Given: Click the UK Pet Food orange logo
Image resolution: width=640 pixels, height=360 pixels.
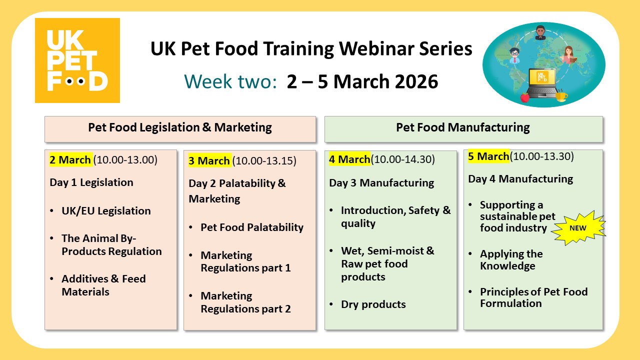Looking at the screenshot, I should pos(77,60).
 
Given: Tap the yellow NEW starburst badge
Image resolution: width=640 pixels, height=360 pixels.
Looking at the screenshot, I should pos(578,227).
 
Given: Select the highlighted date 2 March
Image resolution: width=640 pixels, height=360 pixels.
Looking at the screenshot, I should pos(70,160).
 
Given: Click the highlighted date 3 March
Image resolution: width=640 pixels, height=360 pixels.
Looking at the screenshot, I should pos(209,161).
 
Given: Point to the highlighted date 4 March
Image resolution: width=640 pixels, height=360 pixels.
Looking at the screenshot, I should pos(349,159).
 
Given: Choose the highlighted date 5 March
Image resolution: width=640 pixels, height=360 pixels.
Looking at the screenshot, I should pos(488,156).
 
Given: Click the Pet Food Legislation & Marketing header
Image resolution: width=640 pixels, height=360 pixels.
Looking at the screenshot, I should pos(180,127).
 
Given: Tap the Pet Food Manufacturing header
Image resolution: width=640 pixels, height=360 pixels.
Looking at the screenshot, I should pos(463,127).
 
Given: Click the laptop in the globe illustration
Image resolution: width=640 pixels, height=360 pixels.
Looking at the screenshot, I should pos(542,83).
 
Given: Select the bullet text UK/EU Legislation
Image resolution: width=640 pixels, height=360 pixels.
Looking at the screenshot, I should pos(106,211).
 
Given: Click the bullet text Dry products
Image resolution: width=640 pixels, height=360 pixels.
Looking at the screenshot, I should pos(373,304).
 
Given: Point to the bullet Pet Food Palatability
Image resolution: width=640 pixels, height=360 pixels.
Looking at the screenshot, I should pos(252,227).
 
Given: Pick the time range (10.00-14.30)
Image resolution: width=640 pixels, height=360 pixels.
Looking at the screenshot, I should pos(403,159).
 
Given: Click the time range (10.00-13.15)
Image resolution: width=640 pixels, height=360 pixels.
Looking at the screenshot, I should pos(264,161).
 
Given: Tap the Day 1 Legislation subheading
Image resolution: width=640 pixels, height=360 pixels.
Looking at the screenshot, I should pos(91,182).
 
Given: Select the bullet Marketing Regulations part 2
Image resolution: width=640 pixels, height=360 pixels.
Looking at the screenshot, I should pos(245,302).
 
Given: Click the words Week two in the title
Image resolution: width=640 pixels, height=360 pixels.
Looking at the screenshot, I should pos(230,81).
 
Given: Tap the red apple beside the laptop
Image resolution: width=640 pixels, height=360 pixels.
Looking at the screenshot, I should pos(525,97).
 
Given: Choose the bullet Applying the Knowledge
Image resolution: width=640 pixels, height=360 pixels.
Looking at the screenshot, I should pos(511,260).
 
